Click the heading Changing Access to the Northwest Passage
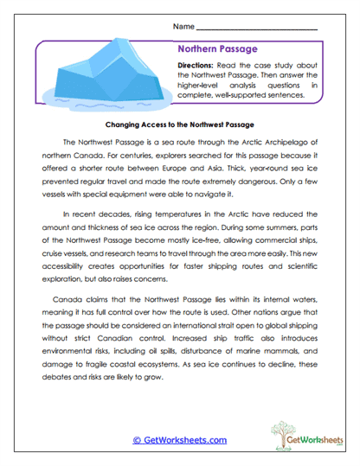[179, 124]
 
